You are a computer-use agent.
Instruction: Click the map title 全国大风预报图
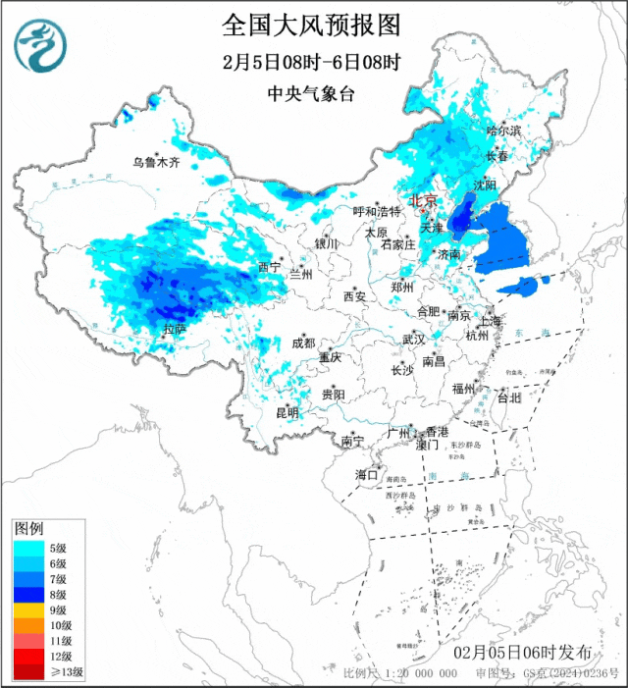pos(313,24)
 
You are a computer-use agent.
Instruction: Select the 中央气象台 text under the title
pos(312,94)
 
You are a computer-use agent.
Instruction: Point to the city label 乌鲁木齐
pos(157,163)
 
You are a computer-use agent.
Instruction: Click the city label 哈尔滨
pos(503,130)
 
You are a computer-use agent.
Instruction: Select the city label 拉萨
pos(174,330)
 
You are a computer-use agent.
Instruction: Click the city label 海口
pos(366,474)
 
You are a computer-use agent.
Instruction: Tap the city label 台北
pos(509,398)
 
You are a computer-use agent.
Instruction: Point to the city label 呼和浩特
pos(378,211)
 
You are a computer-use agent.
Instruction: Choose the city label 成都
pos(303,343)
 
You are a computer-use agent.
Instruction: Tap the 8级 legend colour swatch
pos(28,595)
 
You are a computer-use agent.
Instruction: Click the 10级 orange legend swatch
pos(28,625)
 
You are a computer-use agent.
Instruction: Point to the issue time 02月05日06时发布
pos(523,653)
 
